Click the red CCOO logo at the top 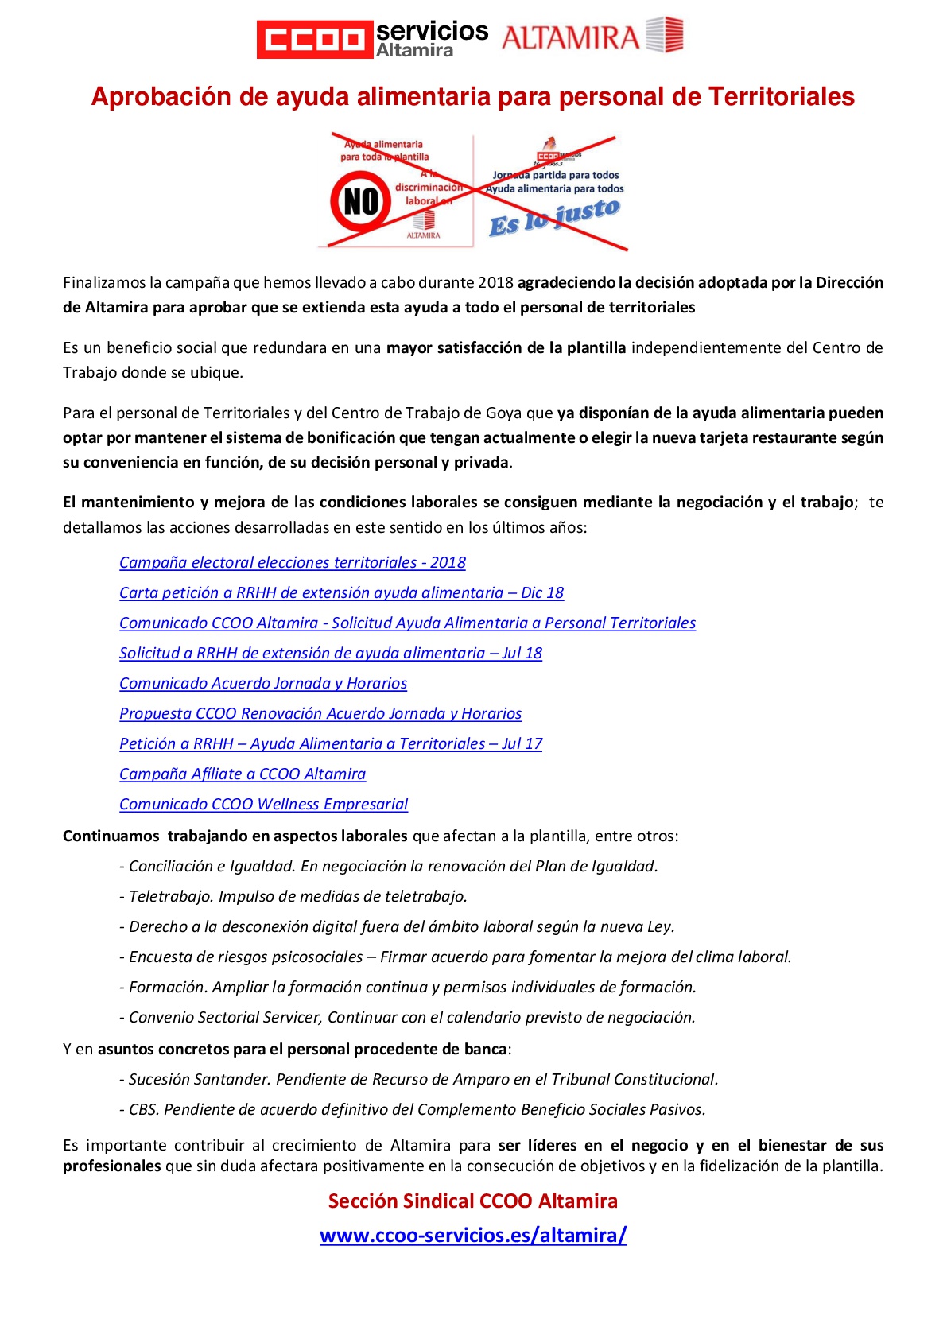pos(315,39)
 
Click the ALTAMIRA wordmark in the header pos(570,37)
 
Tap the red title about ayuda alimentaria pos(472,96)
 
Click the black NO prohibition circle pos(360,201)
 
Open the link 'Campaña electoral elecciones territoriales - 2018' pos(292,563)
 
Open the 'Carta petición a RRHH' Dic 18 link pos(341,593)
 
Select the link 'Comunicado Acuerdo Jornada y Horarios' pos(263,684)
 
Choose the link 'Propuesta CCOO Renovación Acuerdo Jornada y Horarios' pos(320,714)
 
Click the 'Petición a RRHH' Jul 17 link pos(331,744)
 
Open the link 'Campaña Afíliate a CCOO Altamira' pos(243,774)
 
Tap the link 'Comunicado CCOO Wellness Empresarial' pos(263,805)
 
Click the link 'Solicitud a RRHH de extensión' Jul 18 pos(331,654)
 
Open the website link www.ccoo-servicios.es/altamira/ pos(473,1236)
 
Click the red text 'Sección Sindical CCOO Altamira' pos(473,1201)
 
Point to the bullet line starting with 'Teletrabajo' pos(293,897)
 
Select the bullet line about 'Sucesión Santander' pos(419,1080)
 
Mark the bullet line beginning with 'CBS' pos(413,1110)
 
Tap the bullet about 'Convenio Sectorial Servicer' pos(408,1018)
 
